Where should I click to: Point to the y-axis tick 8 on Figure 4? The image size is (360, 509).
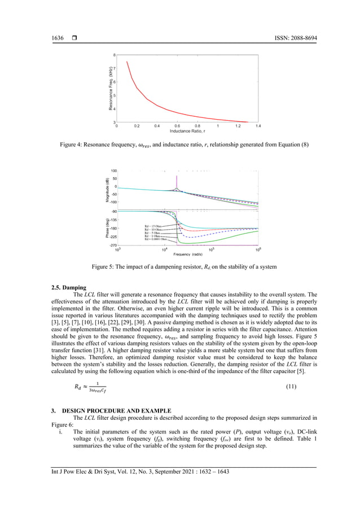(115, 55)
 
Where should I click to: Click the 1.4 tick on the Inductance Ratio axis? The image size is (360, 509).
(258, 126)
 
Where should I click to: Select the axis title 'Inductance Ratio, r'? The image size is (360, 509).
(187, 131)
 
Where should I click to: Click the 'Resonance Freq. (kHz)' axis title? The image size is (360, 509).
(105, 89)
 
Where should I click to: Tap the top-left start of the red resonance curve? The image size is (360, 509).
(127, 62)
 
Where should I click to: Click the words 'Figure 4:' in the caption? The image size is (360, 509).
(72, 146)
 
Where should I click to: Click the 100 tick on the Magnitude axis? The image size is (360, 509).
(113, 170)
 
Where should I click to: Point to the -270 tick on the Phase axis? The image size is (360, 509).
(113, 245)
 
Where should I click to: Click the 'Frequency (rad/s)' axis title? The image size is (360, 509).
(188, 254)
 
